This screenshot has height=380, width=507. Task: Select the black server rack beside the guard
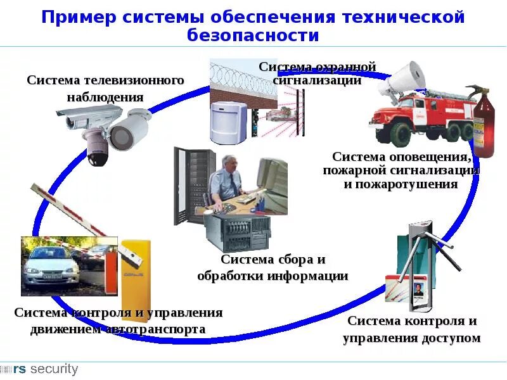(x=191, y=184)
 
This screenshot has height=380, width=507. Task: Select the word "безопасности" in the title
(x=253, y=35)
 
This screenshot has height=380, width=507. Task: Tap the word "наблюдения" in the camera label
(x=105, y=98)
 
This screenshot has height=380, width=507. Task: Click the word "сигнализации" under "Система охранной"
(x=317, y=80)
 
